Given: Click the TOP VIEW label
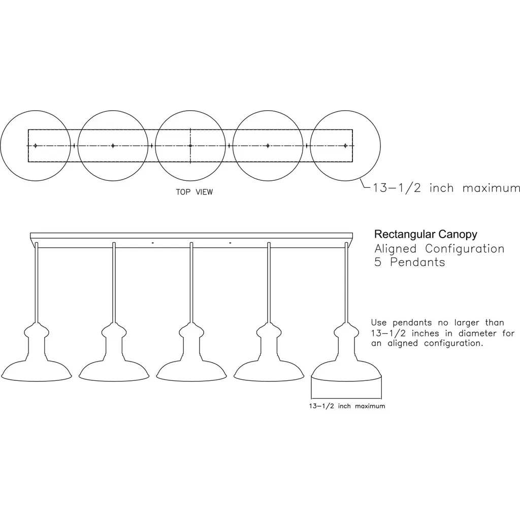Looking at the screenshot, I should (x=194, y=192).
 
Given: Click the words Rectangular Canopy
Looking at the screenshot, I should (x=426, y=235).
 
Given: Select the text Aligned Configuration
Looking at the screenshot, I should (x=439, y=249).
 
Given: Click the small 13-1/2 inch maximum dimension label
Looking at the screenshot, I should (x=347, y=406).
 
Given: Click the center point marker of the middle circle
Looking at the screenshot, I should (x=190, y=146).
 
